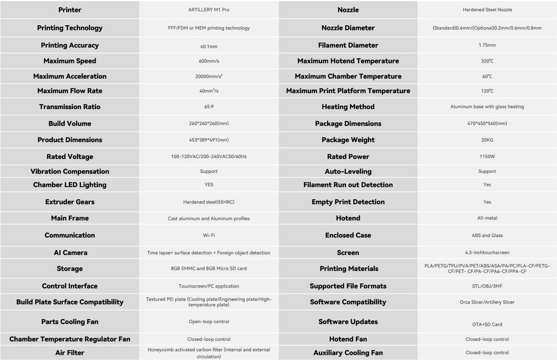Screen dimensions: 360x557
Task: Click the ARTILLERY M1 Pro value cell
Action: click(209, 10)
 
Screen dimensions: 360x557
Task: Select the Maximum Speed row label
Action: click(70, 61)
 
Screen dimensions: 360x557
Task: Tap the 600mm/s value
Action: click(209, 61)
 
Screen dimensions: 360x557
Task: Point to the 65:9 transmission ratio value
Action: click(209, 107)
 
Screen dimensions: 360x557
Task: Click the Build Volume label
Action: click(70, 124)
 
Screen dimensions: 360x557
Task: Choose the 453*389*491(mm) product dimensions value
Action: click(209, 140)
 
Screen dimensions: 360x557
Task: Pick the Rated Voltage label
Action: click(70, 157)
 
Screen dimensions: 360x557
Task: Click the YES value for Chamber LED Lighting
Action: click(209, 185)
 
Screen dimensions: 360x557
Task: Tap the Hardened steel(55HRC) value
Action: click(209, 202)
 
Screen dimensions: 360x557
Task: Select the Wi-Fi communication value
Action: click(209, 235)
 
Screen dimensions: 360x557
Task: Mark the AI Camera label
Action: click(70, 253)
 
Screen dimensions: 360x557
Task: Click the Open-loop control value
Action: click(209, 322)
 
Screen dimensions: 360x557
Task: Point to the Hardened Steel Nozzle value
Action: click(487, 10)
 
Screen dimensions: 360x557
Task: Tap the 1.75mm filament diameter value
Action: click(487, 45)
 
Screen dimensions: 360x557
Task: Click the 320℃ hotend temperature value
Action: click(487, 61)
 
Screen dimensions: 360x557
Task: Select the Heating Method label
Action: click(348, 107)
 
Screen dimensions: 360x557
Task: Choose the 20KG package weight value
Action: click(487, 140)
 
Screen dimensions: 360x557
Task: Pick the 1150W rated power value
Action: click(487, 157)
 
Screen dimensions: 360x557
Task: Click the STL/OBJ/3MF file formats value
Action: click(487, 286)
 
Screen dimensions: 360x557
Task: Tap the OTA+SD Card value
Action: click(487, 324)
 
